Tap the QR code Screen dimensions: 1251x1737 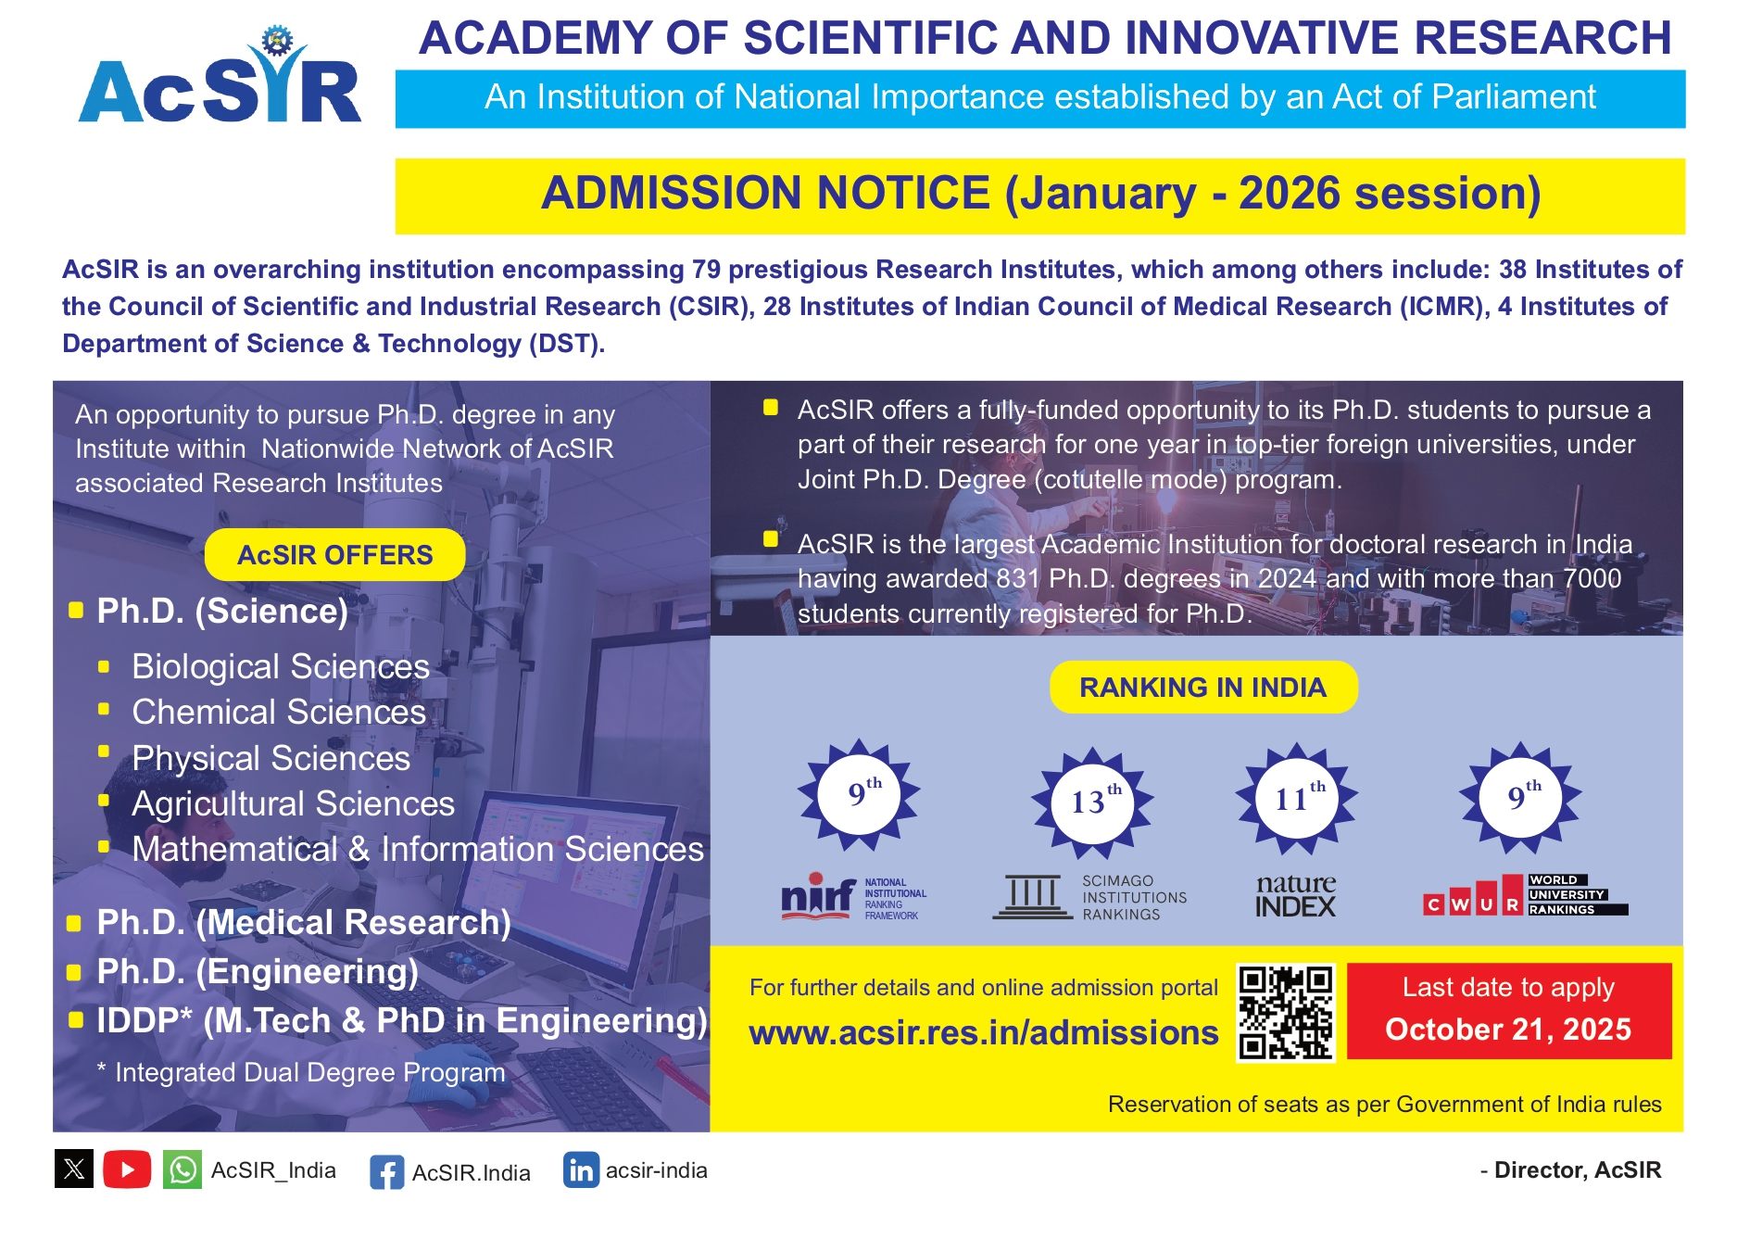click(1286, 1012)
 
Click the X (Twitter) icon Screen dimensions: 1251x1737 click(74, 1169)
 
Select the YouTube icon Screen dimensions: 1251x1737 click(127, 1169)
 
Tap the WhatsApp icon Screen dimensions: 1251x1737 click(183, 1169)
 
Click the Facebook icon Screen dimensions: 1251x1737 click(386, 1172)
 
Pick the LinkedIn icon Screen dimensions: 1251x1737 click(581, 1170)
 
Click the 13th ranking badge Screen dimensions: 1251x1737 click(1092, 801)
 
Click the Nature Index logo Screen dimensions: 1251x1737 click(1296, 896)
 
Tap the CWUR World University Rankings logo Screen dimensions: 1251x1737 click(1525, 896)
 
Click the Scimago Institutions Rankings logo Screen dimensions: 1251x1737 click(1089, 897)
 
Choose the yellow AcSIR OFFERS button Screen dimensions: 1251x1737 click(334, 555)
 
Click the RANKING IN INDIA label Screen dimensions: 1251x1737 click(1202, 688)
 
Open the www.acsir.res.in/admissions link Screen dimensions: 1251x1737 click(983, 1032)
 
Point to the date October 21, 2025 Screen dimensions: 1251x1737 click(1507, 1030)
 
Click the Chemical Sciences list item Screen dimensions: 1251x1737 click(279, 712)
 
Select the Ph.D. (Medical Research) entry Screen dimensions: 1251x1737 click(303, 922)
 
